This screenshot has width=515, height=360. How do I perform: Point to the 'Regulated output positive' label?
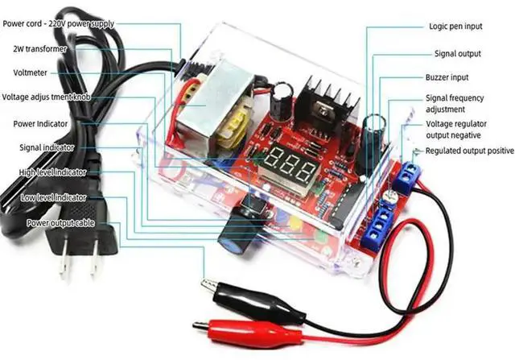tap(469, 151)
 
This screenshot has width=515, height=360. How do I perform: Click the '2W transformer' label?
tap(39, 49)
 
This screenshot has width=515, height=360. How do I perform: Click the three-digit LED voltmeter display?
tap(287, 167)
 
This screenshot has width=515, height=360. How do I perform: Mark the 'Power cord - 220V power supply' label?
tap(71, 23)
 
